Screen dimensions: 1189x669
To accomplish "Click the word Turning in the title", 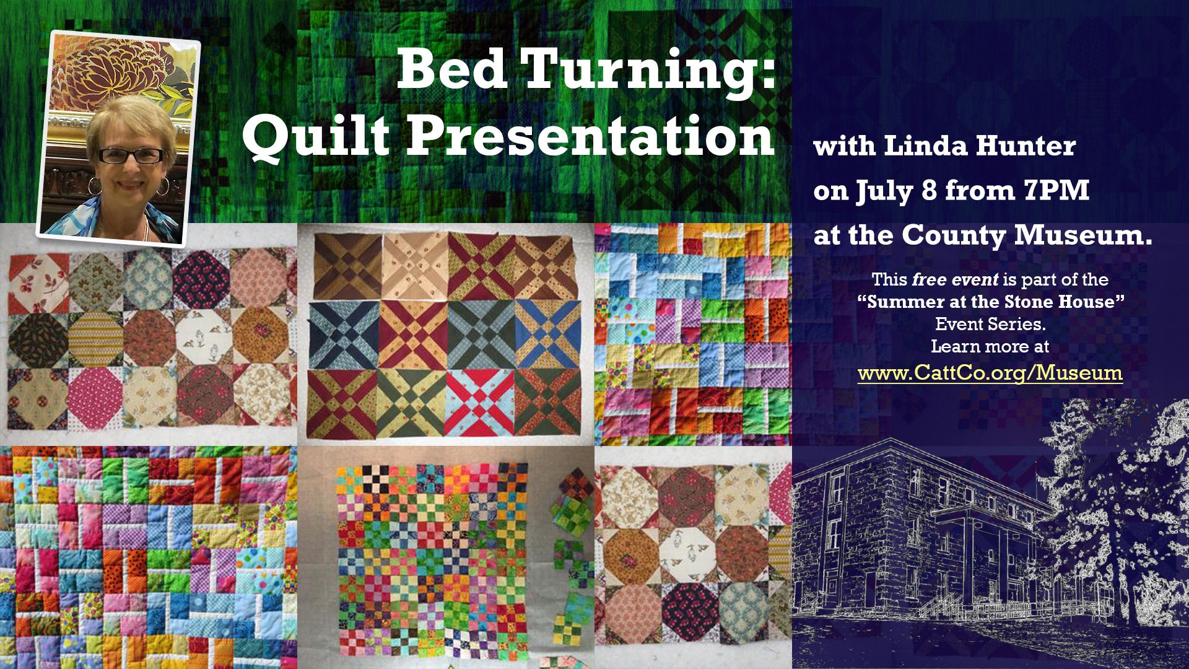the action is pos(648,72).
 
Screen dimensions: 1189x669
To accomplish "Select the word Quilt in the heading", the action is pos(316,136).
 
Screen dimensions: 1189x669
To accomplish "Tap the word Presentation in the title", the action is pos(590,136).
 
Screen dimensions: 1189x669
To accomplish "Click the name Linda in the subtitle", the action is pos(925,146).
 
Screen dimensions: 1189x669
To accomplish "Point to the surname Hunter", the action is pos(1026,146).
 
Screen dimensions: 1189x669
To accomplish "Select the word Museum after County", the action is pos(1083,235).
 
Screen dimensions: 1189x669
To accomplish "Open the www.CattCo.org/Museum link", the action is pos(990,373).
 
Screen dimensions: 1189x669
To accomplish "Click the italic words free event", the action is pos(956,280).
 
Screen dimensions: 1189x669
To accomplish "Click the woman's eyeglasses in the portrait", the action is pos(131,155).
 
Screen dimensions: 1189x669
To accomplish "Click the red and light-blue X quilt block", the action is pos(480,403).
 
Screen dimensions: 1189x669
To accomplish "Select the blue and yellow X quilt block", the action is pos(547,333).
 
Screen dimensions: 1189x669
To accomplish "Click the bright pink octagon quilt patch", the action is pos(95,398).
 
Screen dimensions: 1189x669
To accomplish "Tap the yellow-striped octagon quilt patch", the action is pos(95,338).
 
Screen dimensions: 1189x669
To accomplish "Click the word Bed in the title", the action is pos(451,69).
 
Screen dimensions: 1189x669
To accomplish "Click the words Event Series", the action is pos(990,324).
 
